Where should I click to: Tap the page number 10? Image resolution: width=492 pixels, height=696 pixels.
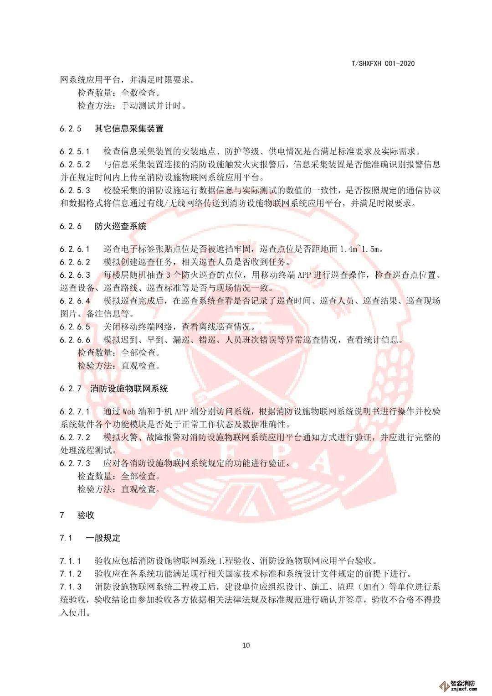point(246,645)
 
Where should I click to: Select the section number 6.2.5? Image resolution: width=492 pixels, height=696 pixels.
point(70,129)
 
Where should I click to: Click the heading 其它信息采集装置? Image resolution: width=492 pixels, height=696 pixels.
point(129,129)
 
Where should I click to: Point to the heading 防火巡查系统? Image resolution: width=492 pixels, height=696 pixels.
point(120,226)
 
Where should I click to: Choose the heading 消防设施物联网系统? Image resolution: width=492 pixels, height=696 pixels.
point(129,389)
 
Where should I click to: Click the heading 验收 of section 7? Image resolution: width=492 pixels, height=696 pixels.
point(86,515)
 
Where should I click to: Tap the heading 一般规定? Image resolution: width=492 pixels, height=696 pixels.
point(103,538)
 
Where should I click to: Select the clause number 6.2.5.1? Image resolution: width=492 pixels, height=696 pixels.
point(75,151)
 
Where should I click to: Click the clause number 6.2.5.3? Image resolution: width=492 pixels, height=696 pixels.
point(75,190)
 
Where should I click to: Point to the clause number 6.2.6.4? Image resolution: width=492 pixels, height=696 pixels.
point(75,301)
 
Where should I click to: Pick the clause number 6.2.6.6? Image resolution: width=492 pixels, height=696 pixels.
point(75,340)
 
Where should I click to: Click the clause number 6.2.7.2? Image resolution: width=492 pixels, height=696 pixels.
point(75,437)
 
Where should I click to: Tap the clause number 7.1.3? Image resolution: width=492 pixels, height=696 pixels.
point(70,587)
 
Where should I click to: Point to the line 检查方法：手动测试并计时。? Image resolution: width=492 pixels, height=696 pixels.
point(132,106)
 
